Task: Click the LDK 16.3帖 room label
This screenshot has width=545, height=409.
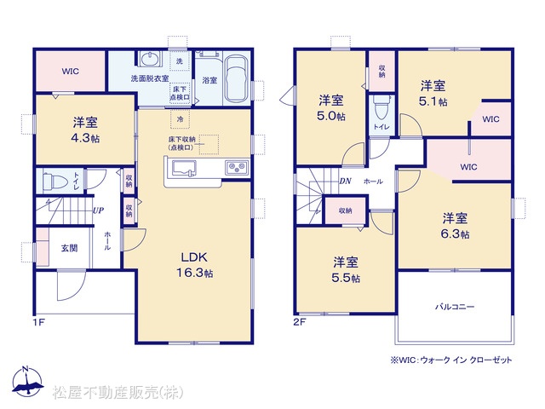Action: pyautogui.click(x=195, y=265)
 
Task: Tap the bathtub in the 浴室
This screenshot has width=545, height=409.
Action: pyautogui.click(x=236, y=79)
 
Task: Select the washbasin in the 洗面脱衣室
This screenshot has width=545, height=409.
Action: pyautogui.click(x=150, y=59)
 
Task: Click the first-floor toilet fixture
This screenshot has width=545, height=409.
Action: pyautogui.click(x=54, y=181)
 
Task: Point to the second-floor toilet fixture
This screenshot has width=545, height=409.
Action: pyautogui.click(x=381, y=107)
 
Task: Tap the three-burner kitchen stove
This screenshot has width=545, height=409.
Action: pyautogui.click(x=237, y=168)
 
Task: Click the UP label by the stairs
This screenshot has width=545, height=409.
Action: pyautogui.click(x=99, y=210)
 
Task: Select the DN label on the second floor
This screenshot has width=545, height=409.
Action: pyautogui.click(x=345, y=181)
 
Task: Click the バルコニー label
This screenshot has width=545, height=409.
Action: pyautogui.click(x=455, y=307)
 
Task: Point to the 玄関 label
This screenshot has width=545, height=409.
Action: pyautogui.click(x=70, y=248)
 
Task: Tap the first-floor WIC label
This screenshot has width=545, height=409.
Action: pyautogui.click(x=71, y=72)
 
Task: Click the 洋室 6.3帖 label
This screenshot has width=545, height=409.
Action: pyautogui.click(x=455, y=226)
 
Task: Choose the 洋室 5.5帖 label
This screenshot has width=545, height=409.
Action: pyautogui.click(x=346, y=270)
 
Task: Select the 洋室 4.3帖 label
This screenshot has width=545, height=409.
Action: pyautogui.click(x=85, y=130)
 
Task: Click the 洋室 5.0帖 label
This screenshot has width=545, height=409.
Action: pyautogui.click(x=331, y=108)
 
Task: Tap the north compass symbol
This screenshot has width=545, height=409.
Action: pyautogui.click(x=26, y=381)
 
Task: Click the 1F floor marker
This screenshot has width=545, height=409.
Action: pyautogui.click(x=39, y=322)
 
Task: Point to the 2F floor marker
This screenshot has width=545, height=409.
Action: pyautogui.click(x=300, y=322)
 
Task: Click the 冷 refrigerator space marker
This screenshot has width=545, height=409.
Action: pyautogui.click(x=180, y=119)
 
